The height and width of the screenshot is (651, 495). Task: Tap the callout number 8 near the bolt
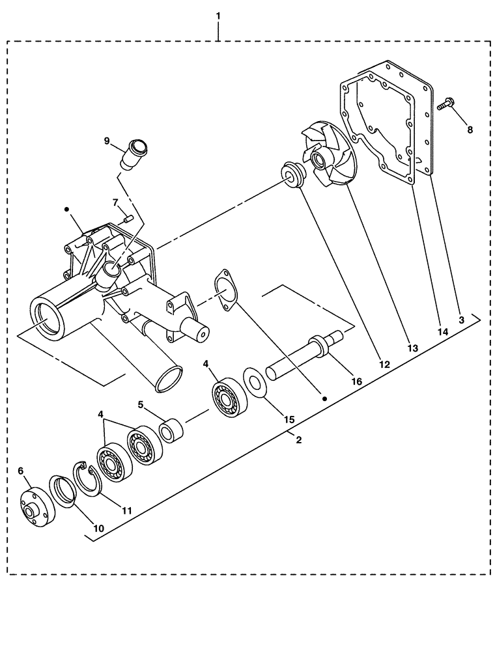coord(470,129)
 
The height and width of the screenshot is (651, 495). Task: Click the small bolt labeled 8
coord(445,104)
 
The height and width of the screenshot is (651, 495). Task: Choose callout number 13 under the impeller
coord(412,348)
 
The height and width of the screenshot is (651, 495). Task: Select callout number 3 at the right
coord(460,320)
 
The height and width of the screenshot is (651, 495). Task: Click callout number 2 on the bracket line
coord(298,440)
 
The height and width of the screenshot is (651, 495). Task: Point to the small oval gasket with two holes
coord(224,285)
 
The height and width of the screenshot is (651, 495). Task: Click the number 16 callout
coord(357,381)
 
